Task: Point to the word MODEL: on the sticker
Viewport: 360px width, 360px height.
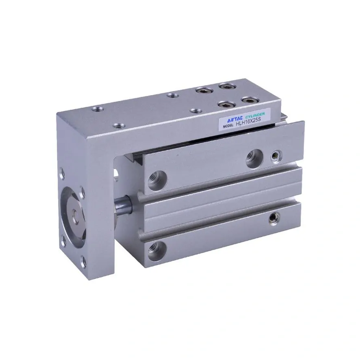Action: pos(228,126)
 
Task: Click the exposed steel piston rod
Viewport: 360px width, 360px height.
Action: pos(123,204)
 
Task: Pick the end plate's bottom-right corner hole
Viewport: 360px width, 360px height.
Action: pos(84,262)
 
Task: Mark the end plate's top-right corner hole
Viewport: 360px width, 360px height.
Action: pos(82,192)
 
